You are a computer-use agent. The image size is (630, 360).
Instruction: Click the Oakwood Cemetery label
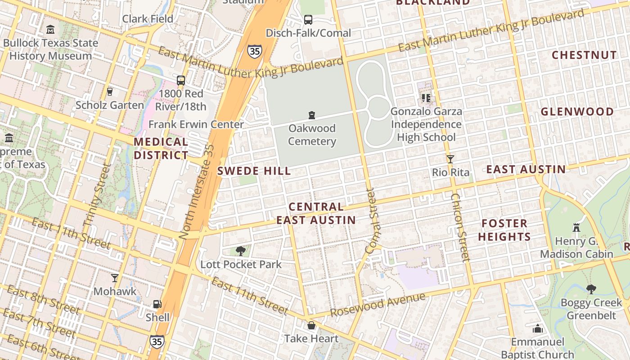click(x=312, y=135)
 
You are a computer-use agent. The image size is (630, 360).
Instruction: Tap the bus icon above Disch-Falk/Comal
click(x=308, y=20)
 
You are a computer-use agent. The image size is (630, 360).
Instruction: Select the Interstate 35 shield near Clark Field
click(x=254, y=51)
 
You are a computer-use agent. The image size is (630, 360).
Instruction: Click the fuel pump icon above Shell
click(x=157, y=305)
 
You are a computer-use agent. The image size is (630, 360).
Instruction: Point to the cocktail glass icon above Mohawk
click(x=115, y=278)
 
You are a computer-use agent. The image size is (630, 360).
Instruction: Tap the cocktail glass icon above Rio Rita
click(x=450, y=159)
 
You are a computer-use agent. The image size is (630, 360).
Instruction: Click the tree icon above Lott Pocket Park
click(x=240, y=251)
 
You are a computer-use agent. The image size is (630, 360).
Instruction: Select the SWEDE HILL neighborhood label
click(x=254, y=171)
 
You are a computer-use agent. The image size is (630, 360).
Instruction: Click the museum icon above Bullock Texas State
click(x=50, y=30)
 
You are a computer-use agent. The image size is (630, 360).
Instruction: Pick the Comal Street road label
click(x=372, y=220)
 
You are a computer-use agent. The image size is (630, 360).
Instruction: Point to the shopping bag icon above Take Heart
click(x=311, y=325)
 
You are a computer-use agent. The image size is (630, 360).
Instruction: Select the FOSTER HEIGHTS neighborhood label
click(x=504, y=230)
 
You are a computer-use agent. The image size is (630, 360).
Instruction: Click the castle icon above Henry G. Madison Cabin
click(x=576, y=227)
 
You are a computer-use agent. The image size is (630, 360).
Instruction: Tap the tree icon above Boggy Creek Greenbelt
click(x=591, y=289)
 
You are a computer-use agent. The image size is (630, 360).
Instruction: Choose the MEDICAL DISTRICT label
click(x=161, y=148)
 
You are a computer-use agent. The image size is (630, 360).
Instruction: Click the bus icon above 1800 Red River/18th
click(x=180, y=81)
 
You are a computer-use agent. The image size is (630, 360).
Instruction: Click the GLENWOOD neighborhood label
click(x=577, y=112)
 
